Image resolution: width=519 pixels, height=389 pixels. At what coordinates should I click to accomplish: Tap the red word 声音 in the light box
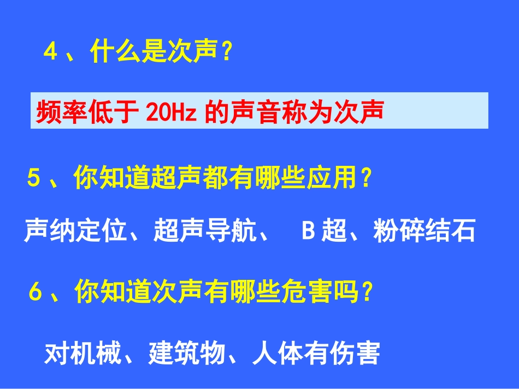coord(257,112)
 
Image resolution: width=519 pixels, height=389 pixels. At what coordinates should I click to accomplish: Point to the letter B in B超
coord(308,231)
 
